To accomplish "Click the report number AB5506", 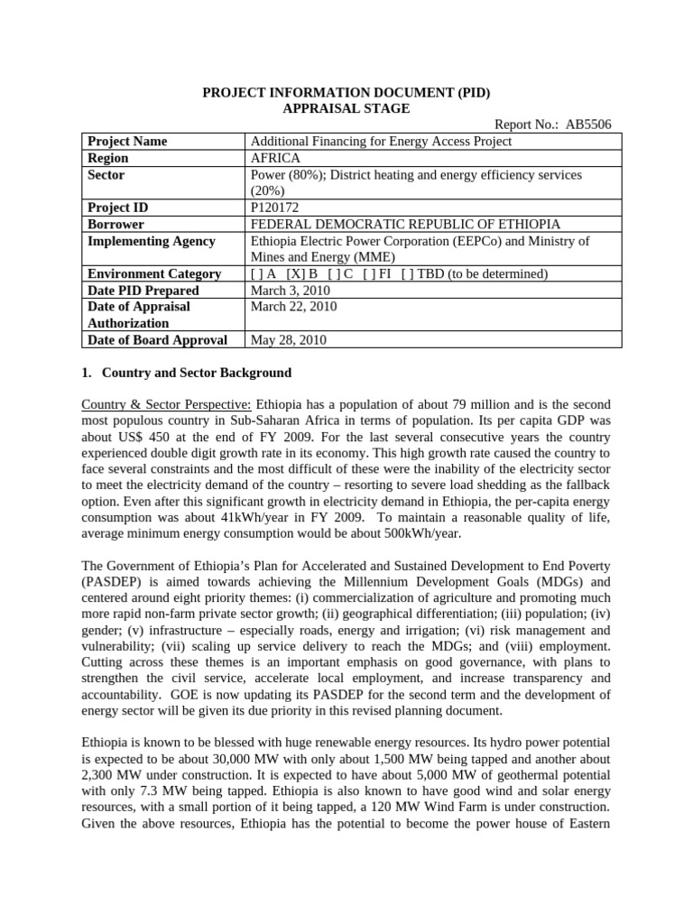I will click(x=587, y=125).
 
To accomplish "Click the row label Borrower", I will click(x=115, y=224).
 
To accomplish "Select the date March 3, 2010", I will click(x=291, y=291).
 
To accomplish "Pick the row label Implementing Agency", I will click(x=151, y=241).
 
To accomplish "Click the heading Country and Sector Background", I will click(x=197, y=372).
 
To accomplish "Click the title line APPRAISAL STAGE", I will click(x=346, y=108).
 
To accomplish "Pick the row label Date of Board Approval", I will click(x=156, y=340).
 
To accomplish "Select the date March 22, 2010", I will click(x=293, y=307).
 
